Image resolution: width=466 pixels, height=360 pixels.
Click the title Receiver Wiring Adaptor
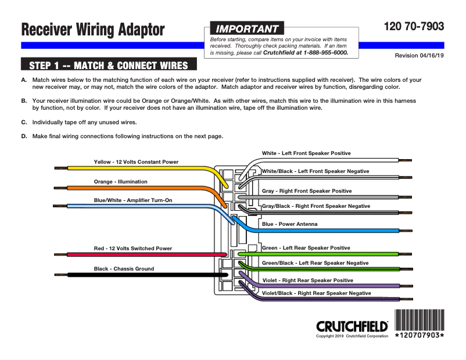tap(93, 30)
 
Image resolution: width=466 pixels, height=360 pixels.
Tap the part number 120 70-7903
tap(414, 27)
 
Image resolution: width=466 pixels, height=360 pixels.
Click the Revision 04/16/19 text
tap(419, 56)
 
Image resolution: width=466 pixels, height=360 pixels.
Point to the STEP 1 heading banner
tap(109, 65)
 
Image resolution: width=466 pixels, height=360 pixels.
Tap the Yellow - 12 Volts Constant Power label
tap(136, 161)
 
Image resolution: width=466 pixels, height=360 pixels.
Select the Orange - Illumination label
tap(121, 182)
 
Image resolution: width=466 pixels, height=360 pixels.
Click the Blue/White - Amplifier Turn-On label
tap(133, 200)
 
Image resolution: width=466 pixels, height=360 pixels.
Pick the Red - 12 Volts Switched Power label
tap(133, 249)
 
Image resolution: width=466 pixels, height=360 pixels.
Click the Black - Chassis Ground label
tap(124, 269)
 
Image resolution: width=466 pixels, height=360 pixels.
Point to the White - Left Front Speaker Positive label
tap(306, 153)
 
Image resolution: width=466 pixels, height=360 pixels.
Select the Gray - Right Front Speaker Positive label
tap(307, 191)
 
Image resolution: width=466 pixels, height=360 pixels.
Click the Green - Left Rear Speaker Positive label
tap(306, 248)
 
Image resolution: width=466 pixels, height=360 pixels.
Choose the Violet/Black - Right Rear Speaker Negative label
tap(316, 293)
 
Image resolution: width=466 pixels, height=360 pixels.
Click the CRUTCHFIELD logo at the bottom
tap(352, 326)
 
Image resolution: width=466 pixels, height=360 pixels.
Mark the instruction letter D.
tap(24, 136)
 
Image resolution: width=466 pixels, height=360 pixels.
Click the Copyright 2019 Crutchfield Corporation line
tap(352, 336)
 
